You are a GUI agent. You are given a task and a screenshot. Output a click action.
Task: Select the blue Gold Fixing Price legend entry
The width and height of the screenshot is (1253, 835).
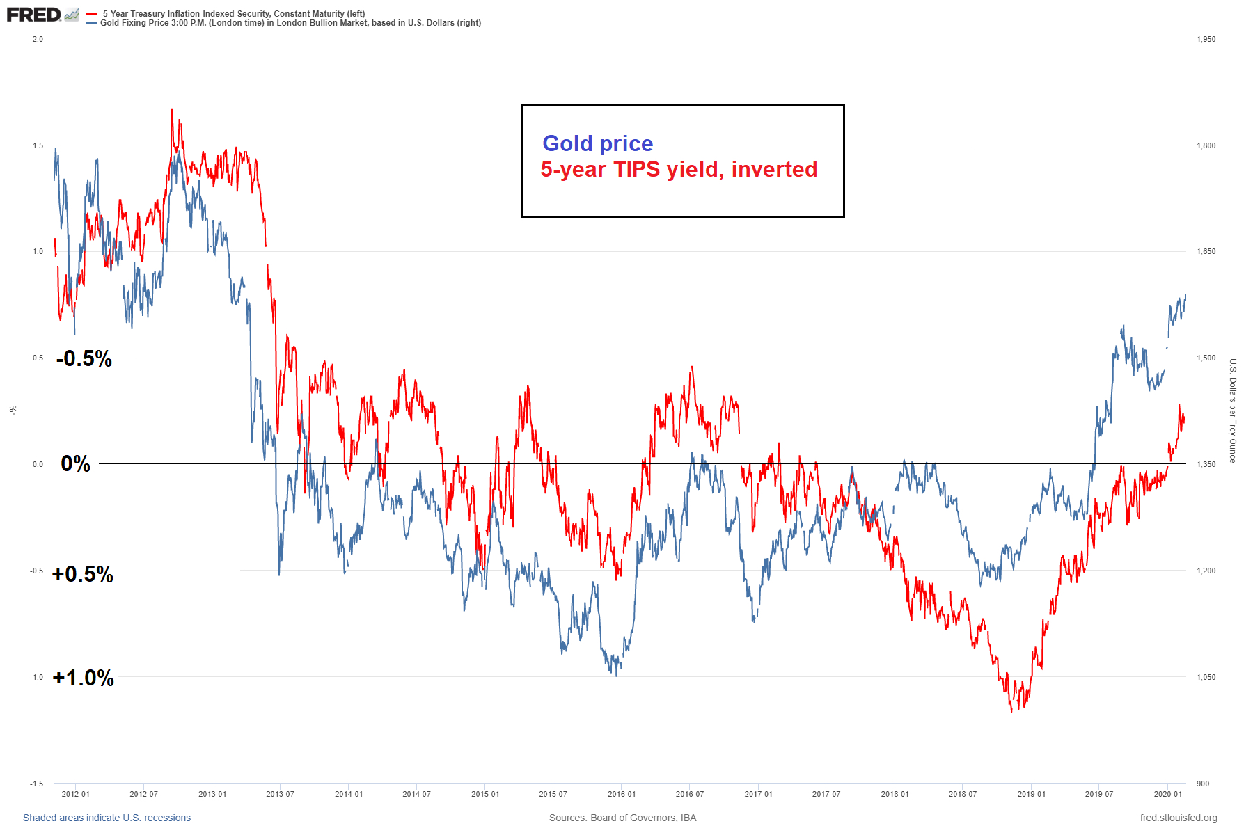[290, 23]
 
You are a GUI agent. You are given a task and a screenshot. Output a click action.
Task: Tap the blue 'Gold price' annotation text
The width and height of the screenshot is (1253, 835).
[597, 143]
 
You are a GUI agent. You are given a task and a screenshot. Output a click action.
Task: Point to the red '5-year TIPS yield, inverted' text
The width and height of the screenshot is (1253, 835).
[679, 169]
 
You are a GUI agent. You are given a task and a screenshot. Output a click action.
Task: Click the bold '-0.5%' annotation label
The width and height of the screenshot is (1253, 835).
[84, 359]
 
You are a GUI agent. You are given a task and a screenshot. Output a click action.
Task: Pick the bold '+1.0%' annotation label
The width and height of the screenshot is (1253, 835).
[84, 678]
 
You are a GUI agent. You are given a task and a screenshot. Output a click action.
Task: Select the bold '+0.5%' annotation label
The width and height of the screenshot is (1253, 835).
[83, 574]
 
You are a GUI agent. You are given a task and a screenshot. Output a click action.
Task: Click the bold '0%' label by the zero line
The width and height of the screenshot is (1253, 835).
[75, 464]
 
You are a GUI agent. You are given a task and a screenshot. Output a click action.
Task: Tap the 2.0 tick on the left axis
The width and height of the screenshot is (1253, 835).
[38, 39]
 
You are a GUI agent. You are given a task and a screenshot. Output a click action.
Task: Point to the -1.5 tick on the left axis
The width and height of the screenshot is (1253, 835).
[36, 784]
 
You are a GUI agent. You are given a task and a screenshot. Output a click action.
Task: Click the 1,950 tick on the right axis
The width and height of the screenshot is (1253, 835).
[1206, 39]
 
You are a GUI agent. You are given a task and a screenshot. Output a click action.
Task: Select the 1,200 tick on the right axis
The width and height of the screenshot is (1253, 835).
[1206, 571]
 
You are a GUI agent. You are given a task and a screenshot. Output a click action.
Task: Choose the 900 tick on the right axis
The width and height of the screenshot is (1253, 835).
[1203, 784]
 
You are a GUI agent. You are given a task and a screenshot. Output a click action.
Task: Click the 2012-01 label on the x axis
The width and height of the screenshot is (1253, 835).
[75, 794]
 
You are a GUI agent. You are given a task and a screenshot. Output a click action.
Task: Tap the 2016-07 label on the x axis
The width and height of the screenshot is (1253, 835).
[689, 794]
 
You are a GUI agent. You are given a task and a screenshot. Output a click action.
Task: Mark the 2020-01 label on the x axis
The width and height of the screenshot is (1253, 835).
[1168, 794]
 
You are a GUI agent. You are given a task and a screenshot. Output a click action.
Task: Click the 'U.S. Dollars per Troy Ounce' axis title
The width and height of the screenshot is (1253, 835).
[1232, 411]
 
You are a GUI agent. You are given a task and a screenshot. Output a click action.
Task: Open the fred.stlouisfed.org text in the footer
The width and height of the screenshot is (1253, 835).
[1179, 818]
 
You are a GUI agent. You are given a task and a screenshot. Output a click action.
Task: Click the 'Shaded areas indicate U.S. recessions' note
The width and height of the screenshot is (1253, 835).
[107, 818]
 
